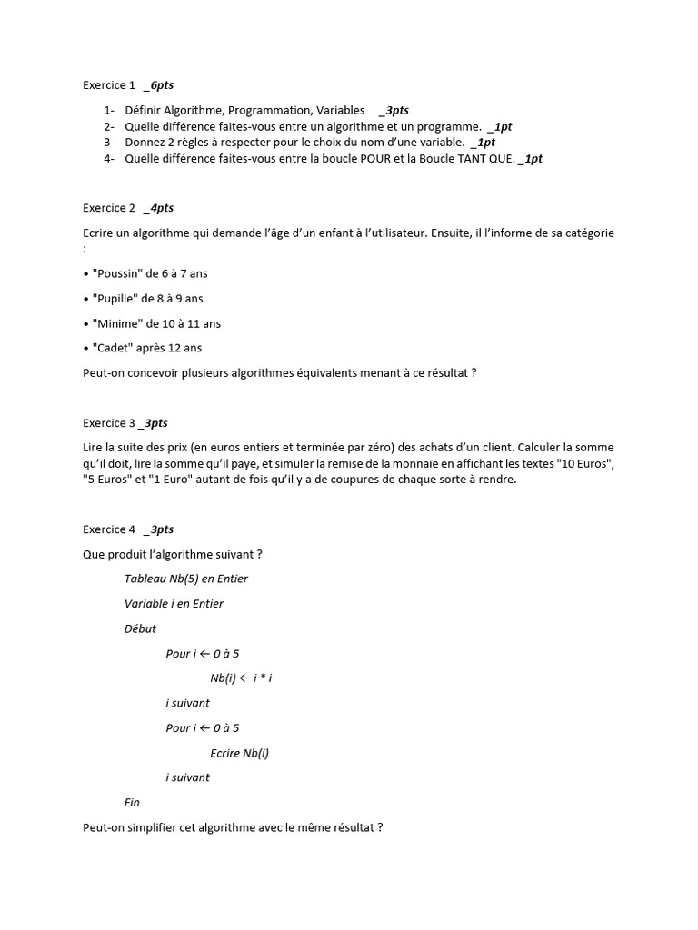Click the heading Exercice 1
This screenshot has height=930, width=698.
pos(108,85)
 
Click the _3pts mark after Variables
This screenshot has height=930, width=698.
pos(394,110)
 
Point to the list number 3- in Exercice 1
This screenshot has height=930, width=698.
pos(108,143)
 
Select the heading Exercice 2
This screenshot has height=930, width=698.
pos(108,208)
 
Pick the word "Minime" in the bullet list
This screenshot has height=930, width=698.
pos(114,323)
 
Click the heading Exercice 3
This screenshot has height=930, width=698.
pos(108,423)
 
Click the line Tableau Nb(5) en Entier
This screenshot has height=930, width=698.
pos(185,579)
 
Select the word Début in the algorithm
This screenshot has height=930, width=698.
pos(140,628)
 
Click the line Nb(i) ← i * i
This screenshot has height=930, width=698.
pos(241,678)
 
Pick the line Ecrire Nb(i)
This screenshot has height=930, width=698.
pos(239,753)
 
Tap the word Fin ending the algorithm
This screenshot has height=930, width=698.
pos(132,803)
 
